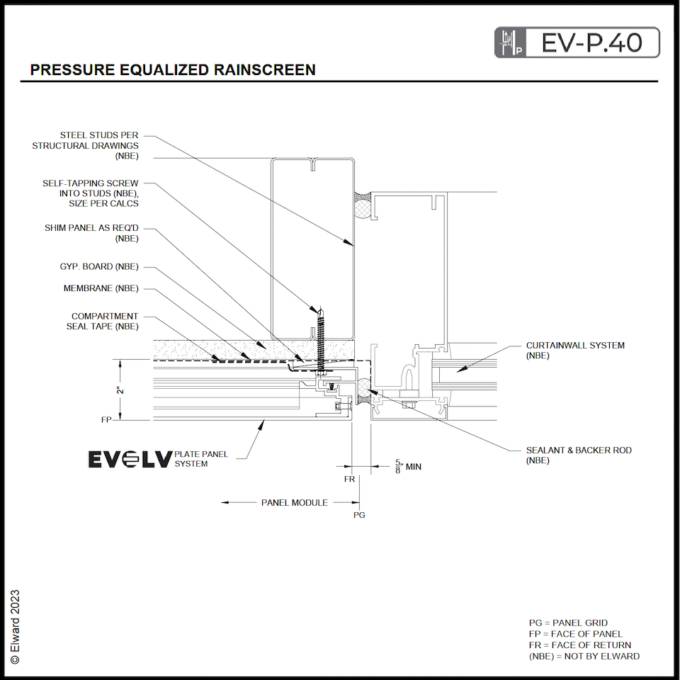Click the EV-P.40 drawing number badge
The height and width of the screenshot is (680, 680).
point(577,42)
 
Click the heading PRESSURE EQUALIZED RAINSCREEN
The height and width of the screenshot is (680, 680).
point(173,70)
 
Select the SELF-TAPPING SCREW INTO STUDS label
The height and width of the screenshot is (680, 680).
point(90,193)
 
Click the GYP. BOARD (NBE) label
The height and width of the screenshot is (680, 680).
point(99,267)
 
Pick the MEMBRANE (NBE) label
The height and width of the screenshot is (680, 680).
point(101,288)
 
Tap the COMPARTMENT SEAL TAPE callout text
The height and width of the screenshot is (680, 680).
point(104,321)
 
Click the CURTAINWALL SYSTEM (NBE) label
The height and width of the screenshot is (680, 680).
point(575,351)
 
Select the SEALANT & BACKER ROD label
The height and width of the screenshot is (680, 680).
point(579,455)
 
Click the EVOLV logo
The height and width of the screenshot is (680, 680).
point(130,460)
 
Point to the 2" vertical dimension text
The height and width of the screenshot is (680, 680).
point(121,390)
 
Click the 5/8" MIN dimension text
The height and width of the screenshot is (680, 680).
point(408,467)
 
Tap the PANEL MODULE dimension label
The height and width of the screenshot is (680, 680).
point(294,502)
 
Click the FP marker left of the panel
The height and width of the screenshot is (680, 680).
point(106,420)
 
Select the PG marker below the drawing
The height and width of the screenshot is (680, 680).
point(359,516)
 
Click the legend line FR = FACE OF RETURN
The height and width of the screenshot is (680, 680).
point(579,645)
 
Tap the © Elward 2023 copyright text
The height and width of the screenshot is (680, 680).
point(15,626)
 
